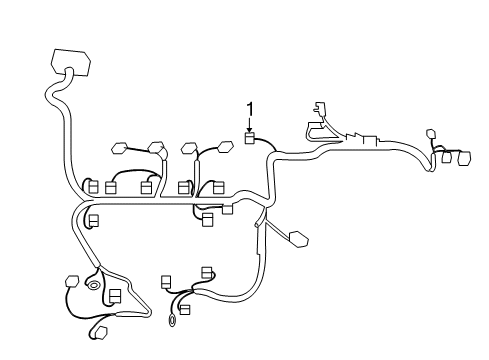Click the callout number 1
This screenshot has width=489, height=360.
250,107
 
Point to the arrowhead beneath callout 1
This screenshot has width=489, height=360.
250,129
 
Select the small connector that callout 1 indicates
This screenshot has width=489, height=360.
250,138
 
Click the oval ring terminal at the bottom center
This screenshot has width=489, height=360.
174,321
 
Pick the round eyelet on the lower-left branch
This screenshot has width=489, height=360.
94,287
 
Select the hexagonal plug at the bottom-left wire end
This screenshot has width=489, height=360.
99,332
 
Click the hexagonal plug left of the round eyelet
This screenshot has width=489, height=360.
71,282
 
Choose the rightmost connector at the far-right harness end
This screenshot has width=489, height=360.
463,158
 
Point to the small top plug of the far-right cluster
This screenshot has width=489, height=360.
431,134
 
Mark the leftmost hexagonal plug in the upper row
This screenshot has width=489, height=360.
119,149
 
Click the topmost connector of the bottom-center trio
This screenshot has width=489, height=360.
207,271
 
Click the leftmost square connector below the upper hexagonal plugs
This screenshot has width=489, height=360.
93,186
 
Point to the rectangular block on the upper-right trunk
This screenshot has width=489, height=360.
371,140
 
